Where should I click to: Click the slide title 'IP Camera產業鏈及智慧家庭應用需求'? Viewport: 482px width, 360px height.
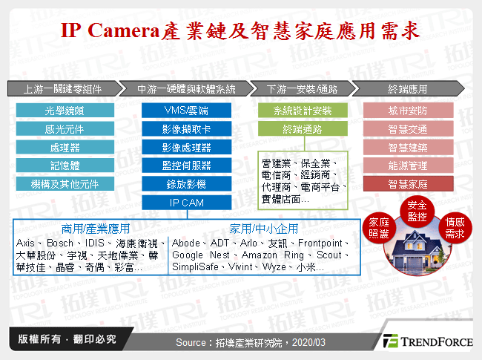[x=240, y=31]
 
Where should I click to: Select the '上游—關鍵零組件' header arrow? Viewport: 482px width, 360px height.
[x=62, y=89]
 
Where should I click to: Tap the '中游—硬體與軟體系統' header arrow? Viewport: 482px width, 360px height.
[x=186, y=89]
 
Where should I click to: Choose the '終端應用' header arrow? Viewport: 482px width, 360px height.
[x=407, y=89]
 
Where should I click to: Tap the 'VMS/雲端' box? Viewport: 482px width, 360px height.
[x=186, y=111]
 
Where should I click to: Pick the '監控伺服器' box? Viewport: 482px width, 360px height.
[x=186, y=165]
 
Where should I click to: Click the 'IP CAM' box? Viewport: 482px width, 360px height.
[x=186, y=201]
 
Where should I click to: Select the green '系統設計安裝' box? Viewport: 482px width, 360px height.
[x=302, y=111]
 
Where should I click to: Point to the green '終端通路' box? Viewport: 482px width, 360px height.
[x=302, y=129]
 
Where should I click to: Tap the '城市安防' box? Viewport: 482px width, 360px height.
[x=408, y=111]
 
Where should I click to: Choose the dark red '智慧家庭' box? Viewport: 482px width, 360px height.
[x=408, y=183]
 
